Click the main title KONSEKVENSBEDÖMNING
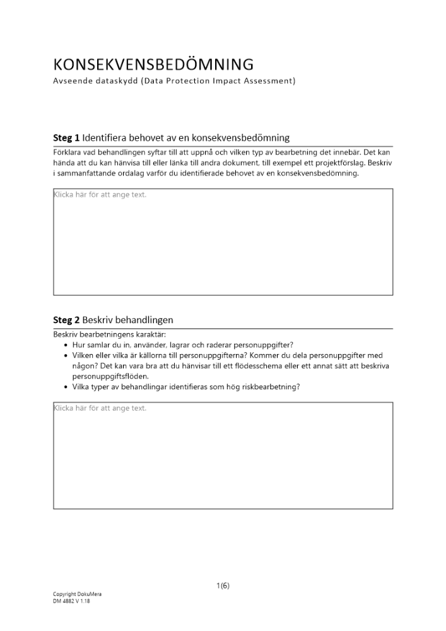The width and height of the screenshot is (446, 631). (x=153, y=64)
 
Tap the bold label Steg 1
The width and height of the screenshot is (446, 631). (x=66, y=138)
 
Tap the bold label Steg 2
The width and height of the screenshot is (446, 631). (x=66, y=320)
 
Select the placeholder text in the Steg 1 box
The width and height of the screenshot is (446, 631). (x=100, y=195)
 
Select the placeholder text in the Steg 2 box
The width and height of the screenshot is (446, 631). (x=100, y=408)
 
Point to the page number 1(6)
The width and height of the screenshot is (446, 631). (x=223, y=586)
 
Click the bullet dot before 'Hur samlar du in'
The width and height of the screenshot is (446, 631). (x=66, y=345)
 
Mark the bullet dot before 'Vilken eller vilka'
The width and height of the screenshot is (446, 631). (x=66, y=356)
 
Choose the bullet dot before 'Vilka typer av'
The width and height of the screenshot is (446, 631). (x=66, y=387)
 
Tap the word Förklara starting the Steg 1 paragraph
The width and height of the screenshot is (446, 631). (x=69, y=152)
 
